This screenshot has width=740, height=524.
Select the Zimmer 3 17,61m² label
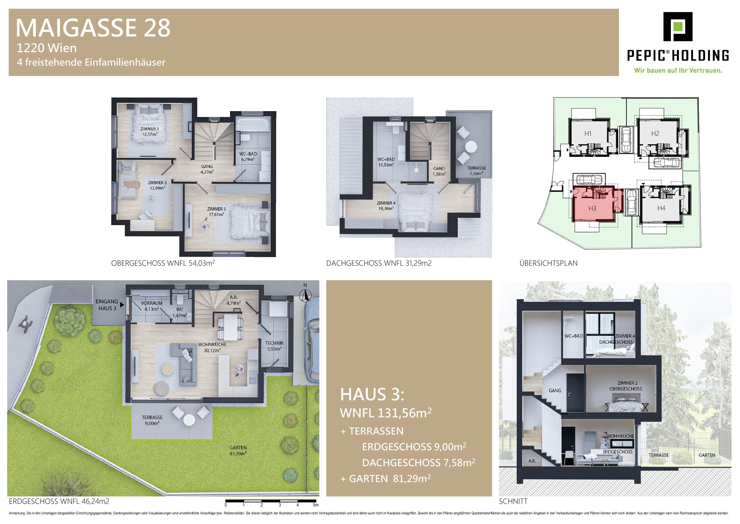click(x=216, y=212)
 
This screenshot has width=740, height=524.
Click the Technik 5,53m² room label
click(x=274, y=346)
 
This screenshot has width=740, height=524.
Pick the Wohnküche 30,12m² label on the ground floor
click(x=212, y=347)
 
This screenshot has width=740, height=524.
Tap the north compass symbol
click(x=305, y=295)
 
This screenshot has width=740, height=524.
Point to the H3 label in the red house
click(x=592, y=208)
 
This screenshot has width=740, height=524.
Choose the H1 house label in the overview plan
click(x=588, y=134)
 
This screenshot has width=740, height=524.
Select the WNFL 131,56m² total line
click(x=386, y=413)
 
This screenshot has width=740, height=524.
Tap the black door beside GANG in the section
click(x=575, y=393)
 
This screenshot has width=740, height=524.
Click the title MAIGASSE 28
click(x=93, y=28)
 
